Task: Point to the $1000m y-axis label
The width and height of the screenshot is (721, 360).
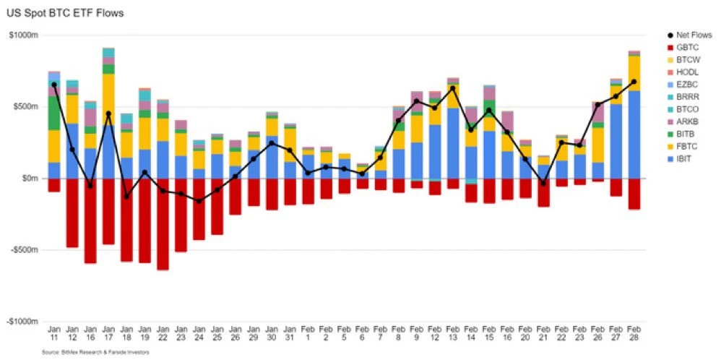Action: tap(23, 35)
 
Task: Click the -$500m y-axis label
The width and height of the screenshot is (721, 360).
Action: tap(22, 250)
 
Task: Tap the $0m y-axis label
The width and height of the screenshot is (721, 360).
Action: tap(28, 179)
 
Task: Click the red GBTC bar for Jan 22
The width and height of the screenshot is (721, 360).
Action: tap(163, 224)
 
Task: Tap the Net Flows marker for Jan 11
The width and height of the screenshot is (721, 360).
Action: tap(54, 85)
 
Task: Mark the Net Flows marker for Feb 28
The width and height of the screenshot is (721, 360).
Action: tap(634, 82)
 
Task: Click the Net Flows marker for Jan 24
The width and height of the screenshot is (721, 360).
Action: tap(199, 200)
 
